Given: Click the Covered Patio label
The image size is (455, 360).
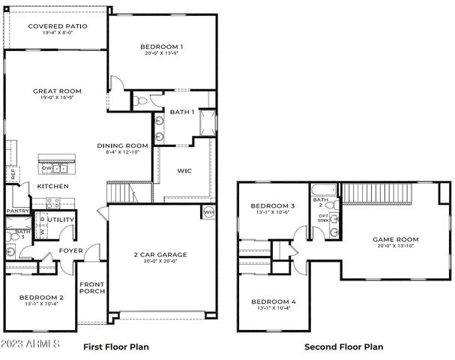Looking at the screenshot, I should [57, 26].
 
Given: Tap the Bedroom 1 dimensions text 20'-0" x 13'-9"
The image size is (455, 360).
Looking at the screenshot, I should [162, 55].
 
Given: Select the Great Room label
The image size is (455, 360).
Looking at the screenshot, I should [57, 91].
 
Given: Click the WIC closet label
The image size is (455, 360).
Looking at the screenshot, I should [184, 171].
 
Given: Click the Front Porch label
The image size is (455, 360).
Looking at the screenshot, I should [92, 288].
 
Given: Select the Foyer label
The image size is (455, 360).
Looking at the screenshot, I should [71, 251].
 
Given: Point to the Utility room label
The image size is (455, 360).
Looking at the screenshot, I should [61, 220].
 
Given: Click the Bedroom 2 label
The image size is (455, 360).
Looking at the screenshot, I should [41, 297].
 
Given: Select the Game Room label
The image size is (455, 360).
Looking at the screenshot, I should [396, 239].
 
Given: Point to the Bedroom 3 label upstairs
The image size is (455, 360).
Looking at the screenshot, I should [272, 205].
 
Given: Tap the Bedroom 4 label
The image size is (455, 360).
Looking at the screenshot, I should [273, 301].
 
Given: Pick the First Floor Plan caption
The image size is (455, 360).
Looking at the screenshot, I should [115, 347].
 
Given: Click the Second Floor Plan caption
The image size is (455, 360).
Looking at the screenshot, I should [343, 347].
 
